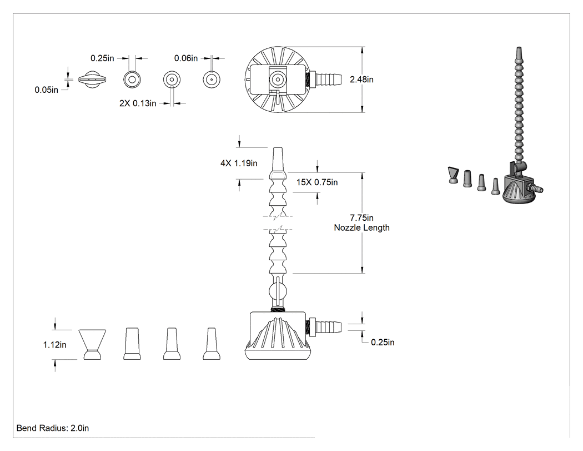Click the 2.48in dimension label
361,80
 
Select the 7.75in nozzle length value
361,217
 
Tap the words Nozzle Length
361,227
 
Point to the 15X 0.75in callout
317,182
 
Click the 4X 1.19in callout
239,163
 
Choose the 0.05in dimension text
47,90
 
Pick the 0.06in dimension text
186,58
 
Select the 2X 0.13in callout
138,103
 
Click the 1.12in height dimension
54,345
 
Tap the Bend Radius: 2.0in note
52,428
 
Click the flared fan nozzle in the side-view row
92,344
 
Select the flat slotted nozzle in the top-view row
92,80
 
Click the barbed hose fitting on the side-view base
324,326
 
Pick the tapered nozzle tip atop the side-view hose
278,161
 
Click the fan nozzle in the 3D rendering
453,175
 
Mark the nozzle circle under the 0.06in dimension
212,80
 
